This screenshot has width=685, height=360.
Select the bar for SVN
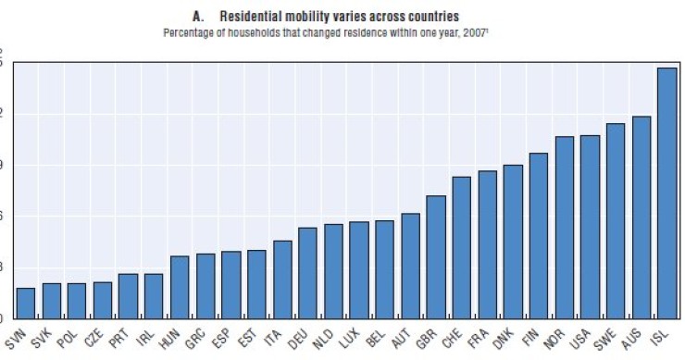coord(25,303)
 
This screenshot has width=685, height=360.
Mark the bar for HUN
coord(180,287)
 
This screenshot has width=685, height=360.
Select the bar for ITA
coord(281,279)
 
